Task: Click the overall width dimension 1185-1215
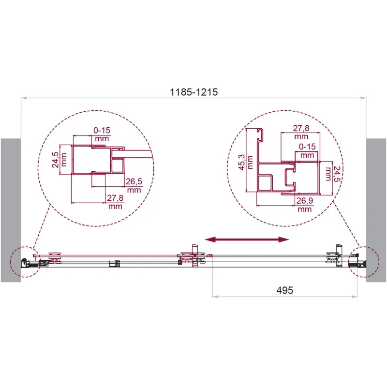pyautogui.click(x=194, y=92)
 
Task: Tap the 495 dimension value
pyautogui.click(x=284, y=290)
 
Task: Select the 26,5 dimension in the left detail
pyautogui.click(x=134, y=182)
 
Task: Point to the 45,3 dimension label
pyautogui.click(x=242, y=162)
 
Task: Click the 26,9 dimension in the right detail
pyautogui.click(x=305, y=201)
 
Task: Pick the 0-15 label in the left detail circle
pyautogui.click(x=102, y=130)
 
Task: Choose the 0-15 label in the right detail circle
pyautogui.click(x=307, y=147)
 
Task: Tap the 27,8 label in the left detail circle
pyautogui.click(x=115, y=198)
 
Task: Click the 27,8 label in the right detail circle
pyautogui.click(x=301, y=128)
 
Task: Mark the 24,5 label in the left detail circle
pyautogui.click(x=55, y=160)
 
